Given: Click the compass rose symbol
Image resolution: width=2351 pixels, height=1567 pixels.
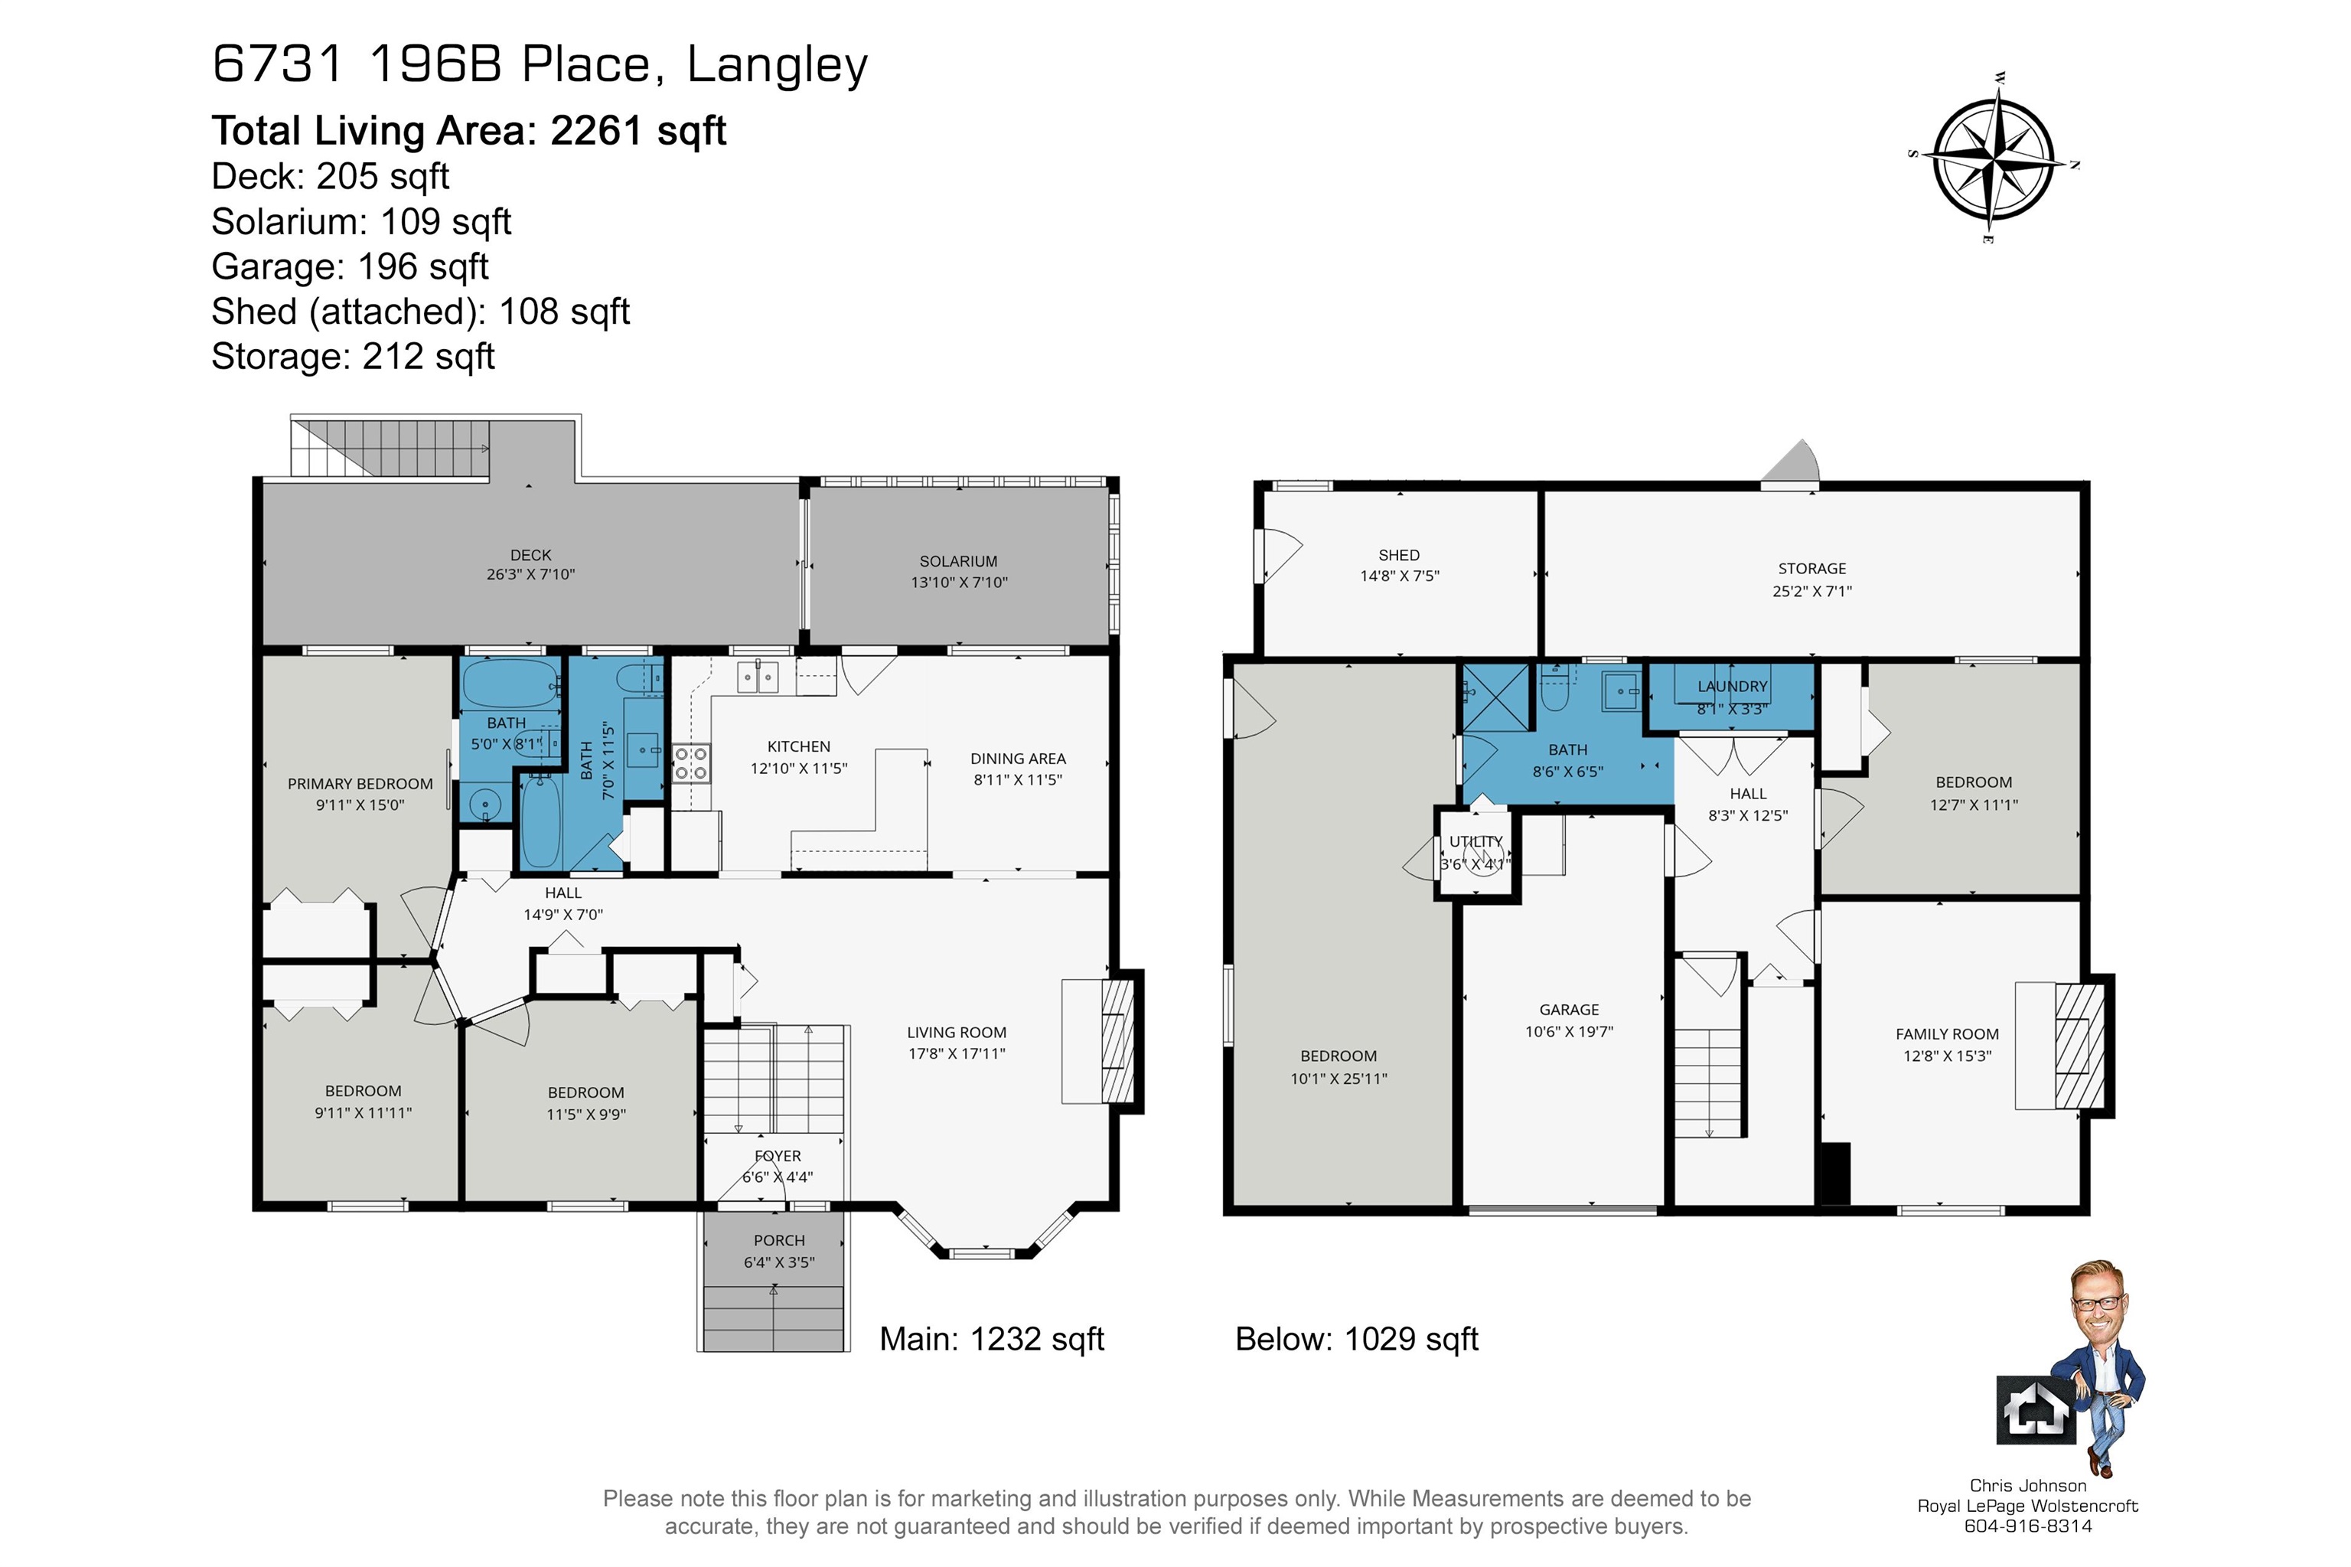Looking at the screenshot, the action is pyautogui.click(x=1994, y=161).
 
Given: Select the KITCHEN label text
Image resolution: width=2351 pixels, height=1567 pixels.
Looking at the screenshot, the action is pyautogui.click(x=798, y=746).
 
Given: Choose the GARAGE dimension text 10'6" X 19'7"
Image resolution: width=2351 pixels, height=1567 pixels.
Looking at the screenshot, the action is pyautogui.click(x=1569, y=1031).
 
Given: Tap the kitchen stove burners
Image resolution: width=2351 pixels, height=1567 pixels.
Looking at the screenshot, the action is pyautogui.click(x=690, y=763).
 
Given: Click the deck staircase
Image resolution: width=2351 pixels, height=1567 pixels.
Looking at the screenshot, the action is pyautogui.click(x=390, y=447).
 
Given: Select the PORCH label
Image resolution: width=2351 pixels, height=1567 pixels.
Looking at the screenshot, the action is pyautogui.click(x=778, y=1240).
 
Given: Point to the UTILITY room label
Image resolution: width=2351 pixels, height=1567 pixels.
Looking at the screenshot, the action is pyautogui.click(x=1475, y=841).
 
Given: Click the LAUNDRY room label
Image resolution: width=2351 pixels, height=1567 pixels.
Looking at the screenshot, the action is pyautogui.click(x=1733, y=687).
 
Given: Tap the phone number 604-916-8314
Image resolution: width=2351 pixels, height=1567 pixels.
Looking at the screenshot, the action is pyautogui.click(x=2027, y=1526).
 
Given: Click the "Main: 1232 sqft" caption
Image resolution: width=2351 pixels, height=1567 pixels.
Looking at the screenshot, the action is pyautogui.click(x=991, y=1339).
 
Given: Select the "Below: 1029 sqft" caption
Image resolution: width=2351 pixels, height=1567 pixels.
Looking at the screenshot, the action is pyautogui.click(x=1356, y=1339).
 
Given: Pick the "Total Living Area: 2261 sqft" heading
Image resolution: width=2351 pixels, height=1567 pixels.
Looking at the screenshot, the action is pyautogui.click(x=468, y=131).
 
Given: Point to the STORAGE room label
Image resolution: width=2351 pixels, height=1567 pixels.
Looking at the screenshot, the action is pyautogui.click(x=1811, y=569).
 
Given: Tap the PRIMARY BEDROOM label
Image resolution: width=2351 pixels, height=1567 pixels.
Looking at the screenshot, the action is pyautogui.click(x=360, y=785).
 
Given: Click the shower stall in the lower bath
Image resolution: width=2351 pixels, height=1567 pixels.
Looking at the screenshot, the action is pyautogui.click(x=1495, y=697).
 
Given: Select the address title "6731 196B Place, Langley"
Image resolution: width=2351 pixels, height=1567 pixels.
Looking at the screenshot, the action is pyautogui.click(x=540, y=65).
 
